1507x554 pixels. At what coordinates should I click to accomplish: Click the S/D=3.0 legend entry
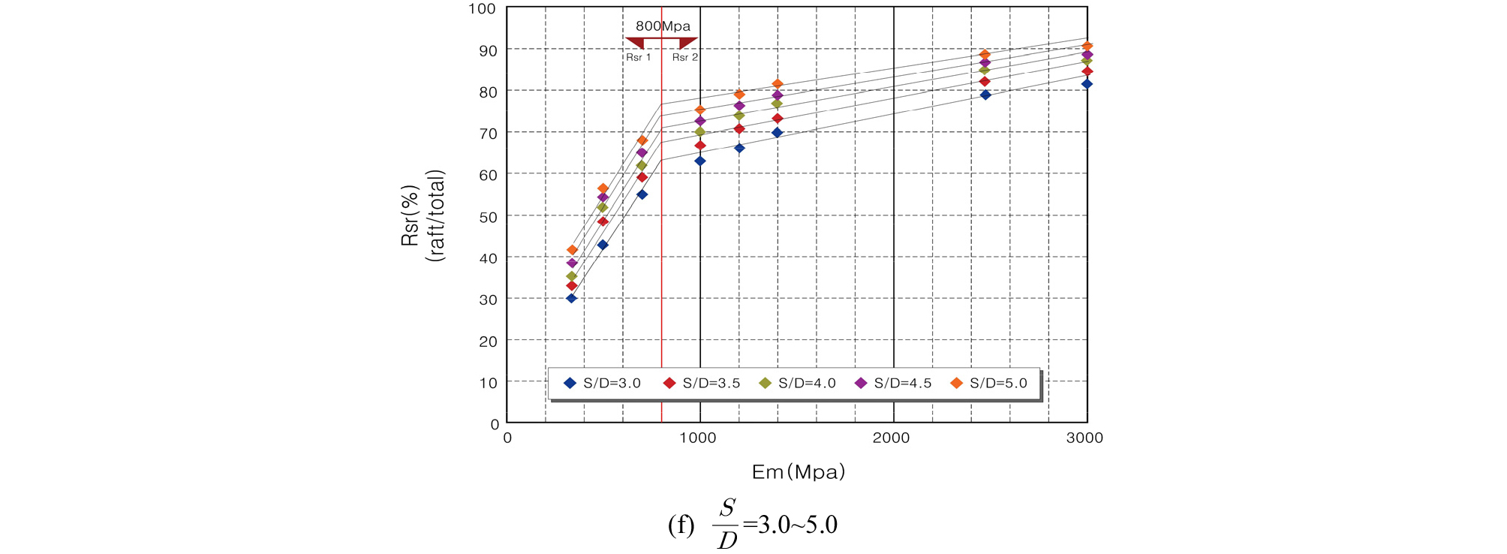603,383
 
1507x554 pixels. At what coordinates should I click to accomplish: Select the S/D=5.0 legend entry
989,383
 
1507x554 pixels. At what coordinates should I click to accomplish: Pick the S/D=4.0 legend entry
797,383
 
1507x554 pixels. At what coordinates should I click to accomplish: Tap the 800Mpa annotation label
663,26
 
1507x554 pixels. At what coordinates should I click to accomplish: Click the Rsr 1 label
639,57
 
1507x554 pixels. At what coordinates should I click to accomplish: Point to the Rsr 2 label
684,57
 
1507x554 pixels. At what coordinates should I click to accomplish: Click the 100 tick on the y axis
482,9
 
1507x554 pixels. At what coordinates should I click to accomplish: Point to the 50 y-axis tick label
488,217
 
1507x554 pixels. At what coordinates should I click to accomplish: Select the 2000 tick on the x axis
891,438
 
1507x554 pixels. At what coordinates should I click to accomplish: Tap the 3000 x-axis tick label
1084,438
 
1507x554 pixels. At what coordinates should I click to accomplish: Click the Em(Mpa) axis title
799,471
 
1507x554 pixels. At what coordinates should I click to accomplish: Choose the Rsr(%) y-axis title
410,216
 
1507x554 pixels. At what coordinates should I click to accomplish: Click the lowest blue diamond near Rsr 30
571,298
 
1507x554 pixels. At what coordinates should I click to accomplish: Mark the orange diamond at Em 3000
1087,47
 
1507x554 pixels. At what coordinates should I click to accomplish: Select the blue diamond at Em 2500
985,95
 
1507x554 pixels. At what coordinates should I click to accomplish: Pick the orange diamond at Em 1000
700,110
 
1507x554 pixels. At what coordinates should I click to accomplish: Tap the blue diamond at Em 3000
1087,84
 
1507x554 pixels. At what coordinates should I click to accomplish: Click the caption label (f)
681,524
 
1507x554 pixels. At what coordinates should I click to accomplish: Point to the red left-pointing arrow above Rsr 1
635,43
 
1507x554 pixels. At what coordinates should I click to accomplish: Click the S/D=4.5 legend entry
893,383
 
